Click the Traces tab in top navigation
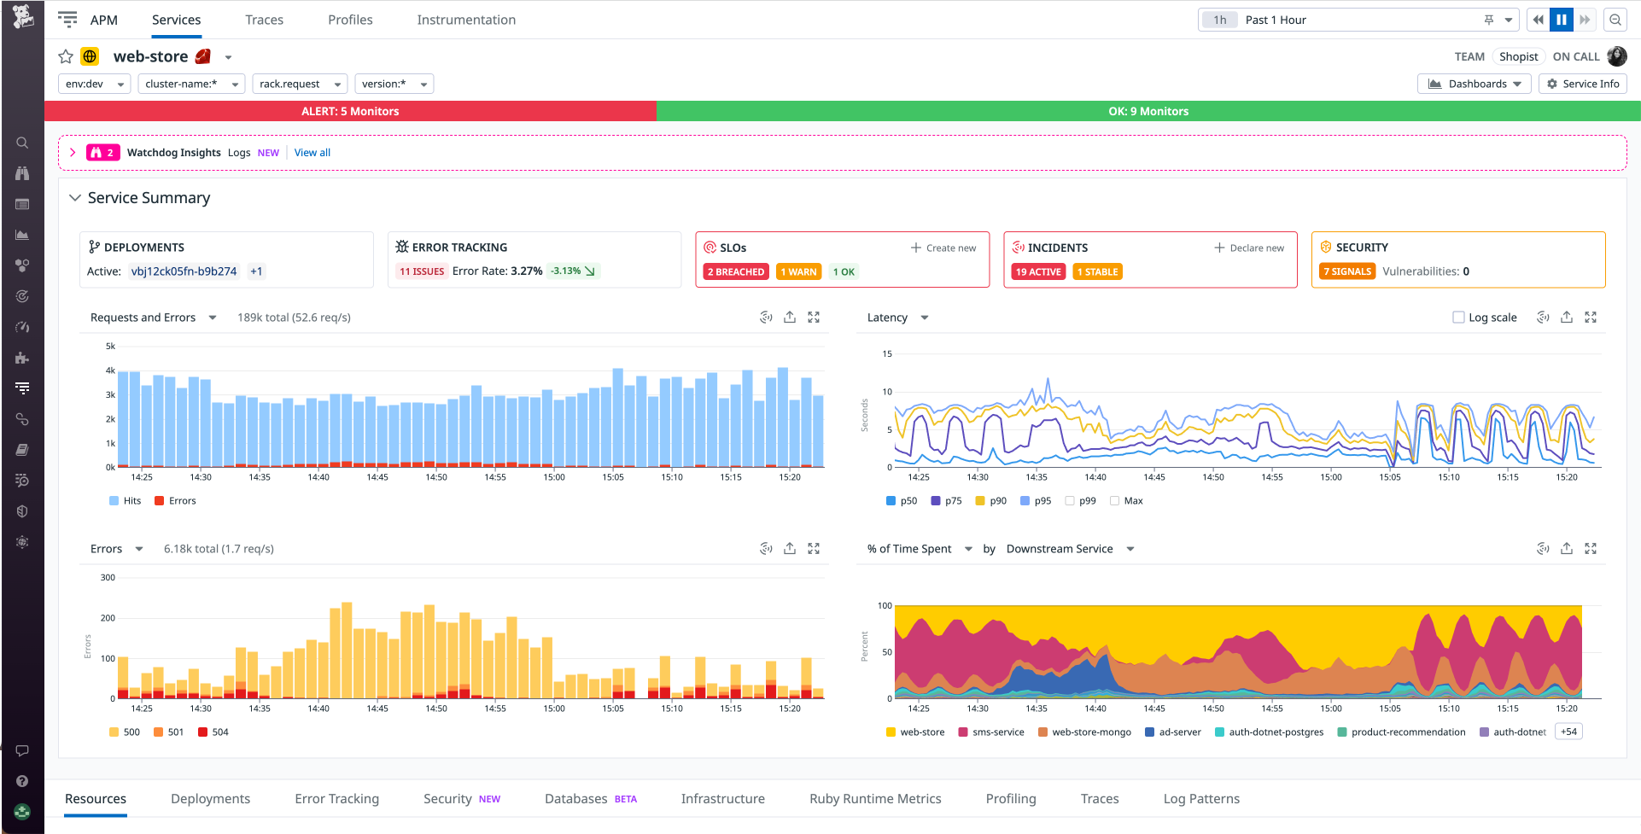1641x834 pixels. coord(264,20)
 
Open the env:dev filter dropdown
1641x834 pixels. coord(94,84)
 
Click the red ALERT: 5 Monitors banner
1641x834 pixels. coord(350,111)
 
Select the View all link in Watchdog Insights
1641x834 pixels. coord(312,153)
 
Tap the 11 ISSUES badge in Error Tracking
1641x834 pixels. coord(422,271)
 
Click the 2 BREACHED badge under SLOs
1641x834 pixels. coord(735,271)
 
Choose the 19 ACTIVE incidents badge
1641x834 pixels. coord(1038,271)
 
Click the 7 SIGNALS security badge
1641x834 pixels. coord(1347,271)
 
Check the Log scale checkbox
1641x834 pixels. coord(1458,318)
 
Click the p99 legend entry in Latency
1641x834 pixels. coord(1081,501)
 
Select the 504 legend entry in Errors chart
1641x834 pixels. coord(213,732)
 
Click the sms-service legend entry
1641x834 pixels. coord(991,732)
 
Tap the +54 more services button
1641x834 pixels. coord(1568,732)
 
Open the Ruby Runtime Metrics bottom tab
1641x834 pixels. coord(875,799)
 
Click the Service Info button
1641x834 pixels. coord(1583,84)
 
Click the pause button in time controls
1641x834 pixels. coord(1562,20)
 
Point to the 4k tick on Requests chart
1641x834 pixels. coord(110,370)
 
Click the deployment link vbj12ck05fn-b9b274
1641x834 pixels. coord(184,271)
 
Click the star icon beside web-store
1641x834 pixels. coord(66,56)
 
